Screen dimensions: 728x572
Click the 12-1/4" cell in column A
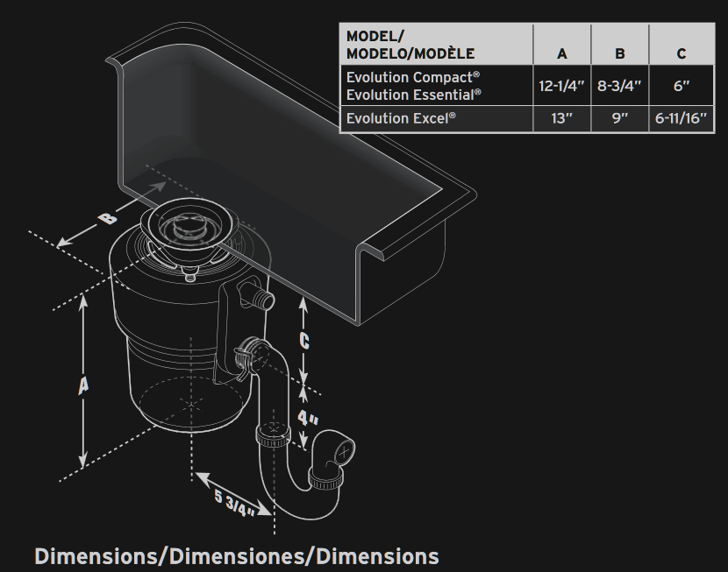[x=561, y=86]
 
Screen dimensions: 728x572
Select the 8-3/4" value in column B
[x=619, y=86]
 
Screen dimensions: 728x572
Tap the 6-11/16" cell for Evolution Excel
[x=681, y=118]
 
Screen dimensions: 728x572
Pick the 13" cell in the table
[x=561, y=118]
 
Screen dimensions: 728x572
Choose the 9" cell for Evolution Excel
[x=619, y=118]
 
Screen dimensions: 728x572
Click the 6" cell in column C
[x=682, y=86]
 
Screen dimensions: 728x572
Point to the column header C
[x=682, y=53]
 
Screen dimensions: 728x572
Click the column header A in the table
[x=561, y=53]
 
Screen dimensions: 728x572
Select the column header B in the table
[x=620, y=53]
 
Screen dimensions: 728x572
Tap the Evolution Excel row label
[x=401, y=118]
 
